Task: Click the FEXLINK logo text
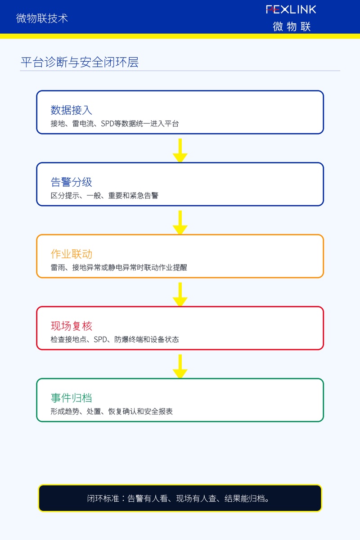(291, 9)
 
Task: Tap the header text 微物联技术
(42, 18)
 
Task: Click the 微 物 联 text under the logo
(292, 26)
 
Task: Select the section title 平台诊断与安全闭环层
(80, 62)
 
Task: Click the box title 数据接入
(72, 110)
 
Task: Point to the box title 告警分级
(72, 182)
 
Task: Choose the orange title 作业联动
(72, 254)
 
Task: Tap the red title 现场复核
(72, 326)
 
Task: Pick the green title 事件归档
(72, 398)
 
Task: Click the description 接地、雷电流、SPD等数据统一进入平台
(115, 124)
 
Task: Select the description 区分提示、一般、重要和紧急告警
(104, 195)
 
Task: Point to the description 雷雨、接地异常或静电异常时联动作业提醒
(119, 267)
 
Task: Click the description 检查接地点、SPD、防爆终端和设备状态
(115, 339)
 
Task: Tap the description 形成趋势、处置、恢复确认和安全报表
(112, 411)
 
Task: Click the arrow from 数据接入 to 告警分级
(180, 150)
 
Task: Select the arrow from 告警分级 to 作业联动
(180, 222)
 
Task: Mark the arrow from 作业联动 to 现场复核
(180, 294)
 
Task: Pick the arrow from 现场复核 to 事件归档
(180, 366)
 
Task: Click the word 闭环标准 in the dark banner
(103, 498)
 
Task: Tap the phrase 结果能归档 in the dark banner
(244, 498)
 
